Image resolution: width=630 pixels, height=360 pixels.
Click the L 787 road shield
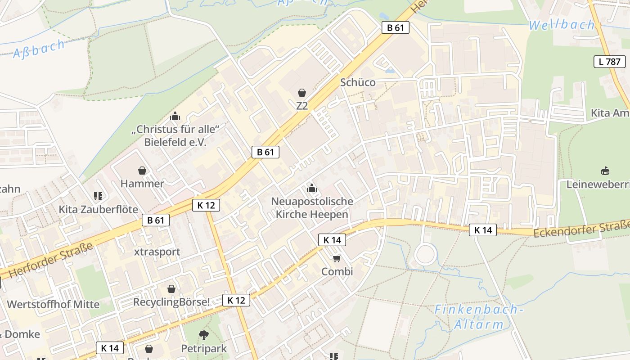[x=610, y=62]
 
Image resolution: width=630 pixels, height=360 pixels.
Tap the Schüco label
[x=358, y=82]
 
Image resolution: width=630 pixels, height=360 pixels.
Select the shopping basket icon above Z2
[x=302, y=93]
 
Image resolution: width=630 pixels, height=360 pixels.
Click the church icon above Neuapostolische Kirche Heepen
[x=311, y=188]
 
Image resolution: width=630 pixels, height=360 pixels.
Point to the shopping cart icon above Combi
[x=337, y=258]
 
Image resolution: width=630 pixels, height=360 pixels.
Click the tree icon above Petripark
[x=204, y=335]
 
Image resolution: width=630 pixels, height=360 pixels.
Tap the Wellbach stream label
[x=561, y=25]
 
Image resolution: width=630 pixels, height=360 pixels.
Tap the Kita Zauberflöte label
[x=98, y=209]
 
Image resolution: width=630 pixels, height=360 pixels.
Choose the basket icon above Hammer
[x=142, y=171]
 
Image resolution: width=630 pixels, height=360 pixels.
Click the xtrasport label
[x=157, y=252]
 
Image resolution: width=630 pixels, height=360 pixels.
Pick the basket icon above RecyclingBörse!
[x=171, y=288]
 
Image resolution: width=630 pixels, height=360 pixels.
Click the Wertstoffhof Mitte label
[x=53, y=304]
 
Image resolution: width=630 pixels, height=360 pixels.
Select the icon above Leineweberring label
[x=605, y=171]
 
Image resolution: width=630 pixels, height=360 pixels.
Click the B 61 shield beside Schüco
[x=395, y=27]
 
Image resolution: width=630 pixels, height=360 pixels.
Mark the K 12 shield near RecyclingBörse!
[x=236, y=300]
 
